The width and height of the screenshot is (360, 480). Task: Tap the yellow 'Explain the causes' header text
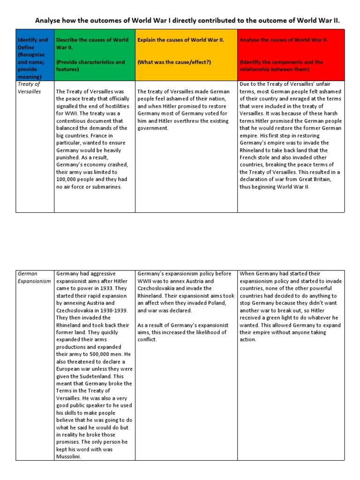click(180, 40)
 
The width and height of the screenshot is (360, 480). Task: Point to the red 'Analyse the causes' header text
click(284, 40)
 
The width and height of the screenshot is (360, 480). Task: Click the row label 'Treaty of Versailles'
click(29, 88)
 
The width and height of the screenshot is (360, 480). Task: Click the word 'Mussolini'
click(68, 457)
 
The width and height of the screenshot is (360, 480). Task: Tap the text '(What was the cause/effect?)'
click(173, 62)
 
